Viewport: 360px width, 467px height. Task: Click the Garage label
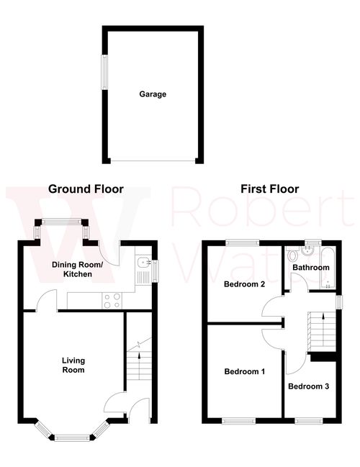(153, 94)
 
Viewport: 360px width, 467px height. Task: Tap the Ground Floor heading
(86, 189)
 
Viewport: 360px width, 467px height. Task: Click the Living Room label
(73, 366)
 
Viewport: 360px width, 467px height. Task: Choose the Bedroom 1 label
(245, 372)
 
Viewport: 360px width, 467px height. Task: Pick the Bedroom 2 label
(245, 284)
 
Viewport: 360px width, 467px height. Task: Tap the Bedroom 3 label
(308, 386)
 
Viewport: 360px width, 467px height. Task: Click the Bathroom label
(310, 268)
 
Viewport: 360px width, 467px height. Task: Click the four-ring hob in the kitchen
(112, 300)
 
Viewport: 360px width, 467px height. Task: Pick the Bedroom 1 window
(238, 420)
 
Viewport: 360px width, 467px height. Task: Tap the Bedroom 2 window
(242, 242)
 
